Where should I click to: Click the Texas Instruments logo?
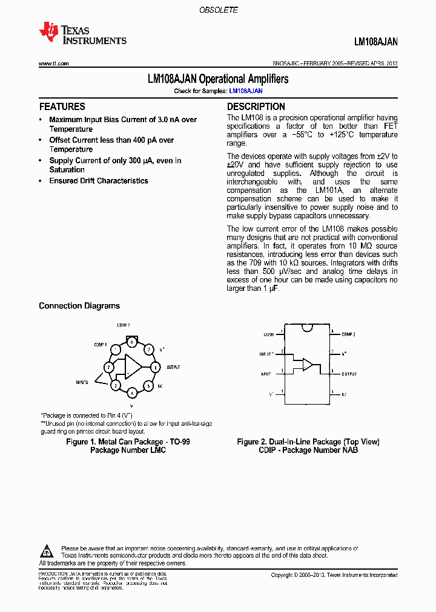(x=82, y=34)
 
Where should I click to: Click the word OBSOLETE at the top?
(x=219, y=10)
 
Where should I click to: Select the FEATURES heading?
(x=62, y=106)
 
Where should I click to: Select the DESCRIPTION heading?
(x=256, y=106)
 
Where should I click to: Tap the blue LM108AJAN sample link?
(x=245, y=91)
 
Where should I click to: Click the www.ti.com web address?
(x=53, y=63)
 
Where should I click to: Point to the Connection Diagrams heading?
(x=79, y=306)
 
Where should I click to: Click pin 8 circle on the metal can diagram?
(x=131, y=342)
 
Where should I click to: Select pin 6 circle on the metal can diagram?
(x=155, y=367)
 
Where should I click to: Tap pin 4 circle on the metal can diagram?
(x=131, y=392)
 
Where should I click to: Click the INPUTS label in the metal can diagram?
(x=82, y=382)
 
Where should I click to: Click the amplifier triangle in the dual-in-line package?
(x=308, y=365)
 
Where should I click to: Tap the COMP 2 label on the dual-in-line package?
(x=348, y=334)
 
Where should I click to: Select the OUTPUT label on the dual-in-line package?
(x=349, y=374)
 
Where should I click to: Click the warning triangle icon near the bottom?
(x=47, y=551)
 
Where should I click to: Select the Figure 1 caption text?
(x=128, y=446)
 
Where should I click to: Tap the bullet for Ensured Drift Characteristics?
(x=41, y=181)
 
